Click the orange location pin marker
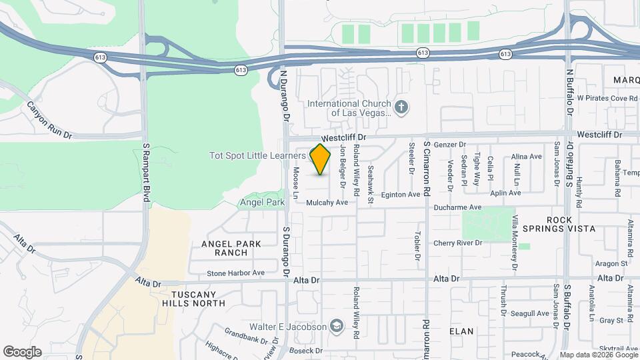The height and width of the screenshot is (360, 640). pyautogui.click(x=321, y=159)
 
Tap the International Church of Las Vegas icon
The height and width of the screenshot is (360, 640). pyautogui.click(x=401, y=107)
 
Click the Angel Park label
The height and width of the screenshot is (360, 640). pyautogui.click(x=262, y=201)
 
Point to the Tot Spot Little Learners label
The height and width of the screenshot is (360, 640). pyautogui.click(x=257, y=155)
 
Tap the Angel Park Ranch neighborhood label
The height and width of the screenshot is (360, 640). pyautogui.click(x=231, y=248)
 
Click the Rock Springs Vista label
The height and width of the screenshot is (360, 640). pyautogui.click(x=570, y=224)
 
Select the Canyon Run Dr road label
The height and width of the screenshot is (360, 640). pyautogui.click(x=49, y=121)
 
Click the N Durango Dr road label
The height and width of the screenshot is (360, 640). pyautogui.click(x=283, y=97)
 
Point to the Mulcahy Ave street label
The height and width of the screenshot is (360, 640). pyautogui.click(x=327, y=202)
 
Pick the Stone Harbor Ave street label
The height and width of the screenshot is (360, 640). pyautogui.click(x=235, y=273)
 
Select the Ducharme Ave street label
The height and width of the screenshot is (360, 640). pyautogui.click(x=457, y=207)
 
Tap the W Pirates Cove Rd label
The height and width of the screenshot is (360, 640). pyautogui.click(x=607, y=98)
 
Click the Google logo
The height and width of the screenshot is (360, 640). pyautogui.click(x=22, y=352)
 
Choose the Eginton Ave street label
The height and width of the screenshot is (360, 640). pyautogui.click(x=400, y=195)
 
